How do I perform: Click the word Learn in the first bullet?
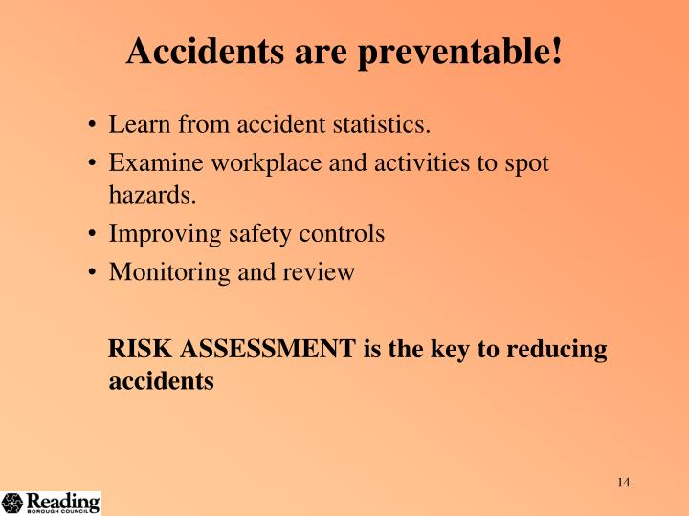pos(136,125)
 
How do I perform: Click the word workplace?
pos(244,163)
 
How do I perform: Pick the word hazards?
pos(152,196)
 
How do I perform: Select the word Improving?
pos(156,234)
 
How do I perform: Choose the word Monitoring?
pos(161,272)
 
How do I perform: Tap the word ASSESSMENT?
pos(264,350)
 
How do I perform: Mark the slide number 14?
pos(623,482)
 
